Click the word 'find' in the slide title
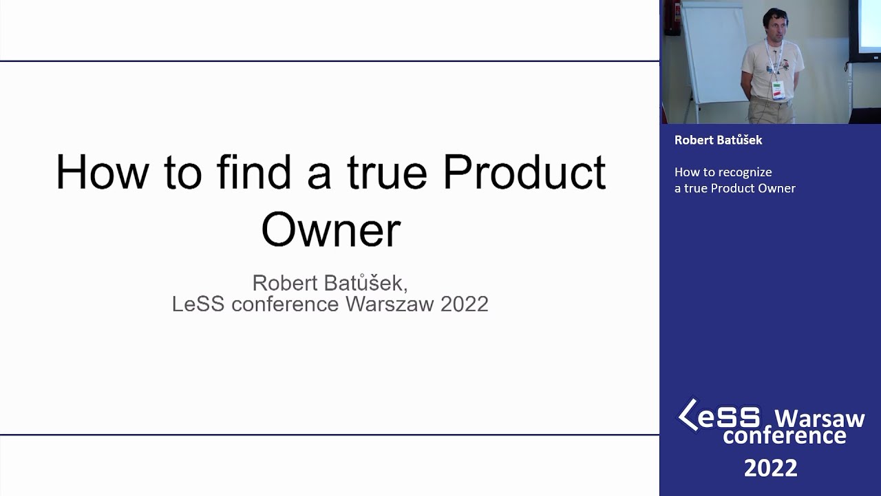(x=254, y=172)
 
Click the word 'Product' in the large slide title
(x=524, y=172)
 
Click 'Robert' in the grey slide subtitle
(x=285, y=282)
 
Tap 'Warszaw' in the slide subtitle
(x=390, y=304)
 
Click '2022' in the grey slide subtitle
(x=465, y=304)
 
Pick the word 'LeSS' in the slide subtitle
(x=198, y=304)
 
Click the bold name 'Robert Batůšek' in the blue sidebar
(x=718, y=140)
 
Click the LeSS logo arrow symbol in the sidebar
(x=688, y=414)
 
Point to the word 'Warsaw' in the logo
(x=820, y=418)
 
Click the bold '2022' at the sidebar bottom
(x=770, y=468)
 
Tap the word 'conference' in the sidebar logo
(x=784, y=436)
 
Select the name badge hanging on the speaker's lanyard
(x=778, y=90)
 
